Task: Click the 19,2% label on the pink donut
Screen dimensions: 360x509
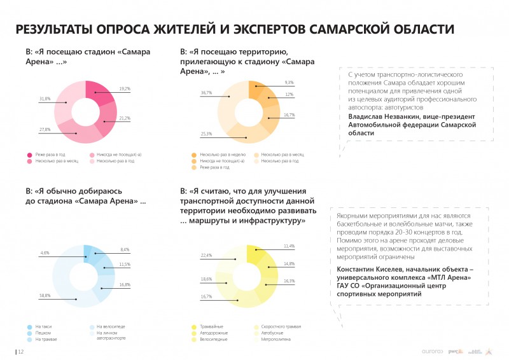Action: [124, 88]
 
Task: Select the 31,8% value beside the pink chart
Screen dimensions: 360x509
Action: [45, 99]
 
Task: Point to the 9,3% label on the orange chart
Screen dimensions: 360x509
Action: [289, 83]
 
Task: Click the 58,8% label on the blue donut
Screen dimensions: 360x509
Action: [45, 296]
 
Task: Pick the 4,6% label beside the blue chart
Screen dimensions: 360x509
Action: [45, 253]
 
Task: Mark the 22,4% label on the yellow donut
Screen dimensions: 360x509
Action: [206, 256]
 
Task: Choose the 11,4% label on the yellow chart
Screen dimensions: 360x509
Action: [289, 246]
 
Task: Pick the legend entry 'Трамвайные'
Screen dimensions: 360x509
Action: [211, 326]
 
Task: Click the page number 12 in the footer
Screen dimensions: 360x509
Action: [20, 351]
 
